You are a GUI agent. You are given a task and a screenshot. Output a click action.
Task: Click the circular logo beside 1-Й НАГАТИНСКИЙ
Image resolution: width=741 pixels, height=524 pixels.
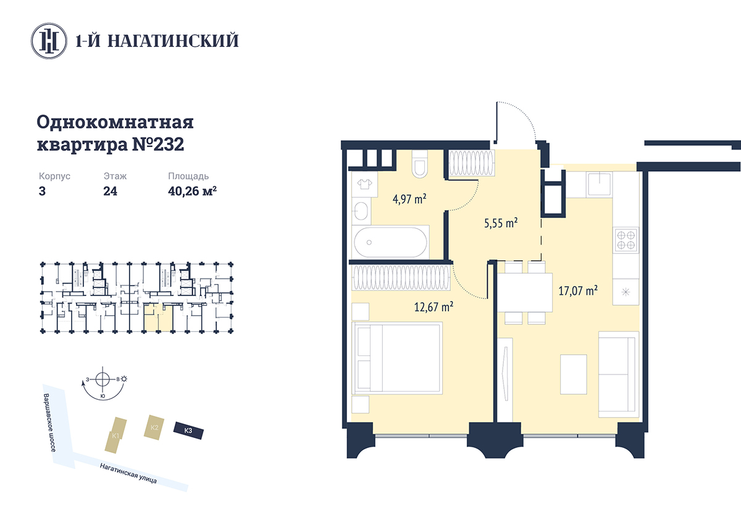49,41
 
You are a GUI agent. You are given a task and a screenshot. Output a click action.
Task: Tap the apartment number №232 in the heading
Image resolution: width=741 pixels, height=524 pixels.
158,145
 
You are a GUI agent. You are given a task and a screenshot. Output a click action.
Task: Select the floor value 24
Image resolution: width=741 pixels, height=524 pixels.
110,192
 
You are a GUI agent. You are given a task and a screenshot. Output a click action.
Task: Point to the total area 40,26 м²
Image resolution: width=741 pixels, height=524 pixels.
192,191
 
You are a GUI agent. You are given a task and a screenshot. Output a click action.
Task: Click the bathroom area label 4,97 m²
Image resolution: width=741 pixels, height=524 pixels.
409,199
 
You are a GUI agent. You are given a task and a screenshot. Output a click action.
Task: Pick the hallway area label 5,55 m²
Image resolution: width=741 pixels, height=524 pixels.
501,223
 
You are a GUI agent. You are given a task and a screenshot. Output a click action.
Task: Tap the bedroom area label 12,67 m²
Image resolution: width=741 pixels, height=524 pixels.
433,307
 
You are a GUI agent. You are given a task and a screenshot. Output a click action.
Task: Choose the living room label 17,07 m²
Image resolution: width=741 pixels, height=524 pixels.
578,290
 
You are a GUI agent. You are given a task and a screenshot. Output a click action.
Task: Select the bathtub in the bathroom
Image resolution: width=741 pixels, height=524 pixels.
390,242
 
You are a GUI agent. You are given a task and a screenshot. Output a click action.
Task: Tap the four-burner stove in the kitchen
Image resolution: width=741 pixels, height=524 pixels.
626,240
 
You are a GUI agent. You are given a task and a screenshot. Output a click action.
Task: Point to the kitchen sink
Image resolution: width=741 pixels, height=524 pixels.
599,184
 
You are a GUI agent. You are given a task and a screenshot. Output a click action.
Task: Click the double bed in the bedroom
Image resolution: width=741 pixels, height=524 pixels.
397,358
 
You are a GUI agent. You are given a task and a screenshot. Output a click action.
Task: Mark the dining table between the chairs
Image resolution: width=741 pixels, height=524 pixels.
525,293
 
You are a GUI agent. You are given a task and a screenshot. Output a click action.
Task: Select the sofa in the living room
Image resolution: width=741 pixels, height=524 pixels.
618,374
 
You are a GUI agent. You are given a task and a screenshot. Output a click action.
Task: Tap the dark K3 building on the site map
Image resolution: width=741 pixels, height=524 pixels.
188,431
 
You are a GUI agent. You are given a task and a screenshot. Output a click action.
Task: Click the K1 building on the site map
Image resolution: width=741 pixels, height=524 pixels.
115,435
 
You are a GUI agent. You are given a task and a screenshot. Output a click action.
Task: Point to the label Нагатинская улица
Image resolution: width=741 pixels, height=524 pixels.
128,473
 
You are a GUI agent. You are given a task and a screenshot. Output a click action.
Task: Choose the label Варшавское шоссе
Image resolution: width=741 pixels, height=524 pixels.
50,423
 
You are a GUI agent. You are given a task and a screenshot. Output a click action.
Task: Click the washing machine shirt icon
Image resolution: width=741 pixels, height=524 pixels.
364,184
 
